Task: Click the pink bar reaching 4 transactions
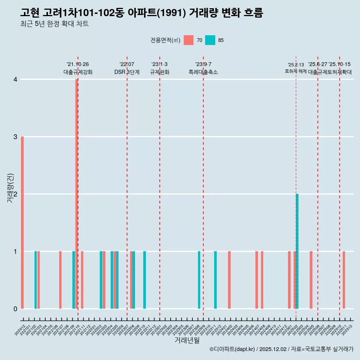click(x=76, y=193)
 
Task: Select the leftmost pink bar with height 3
click(x=22, y=222)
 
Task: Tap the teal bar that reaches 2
click(x=297, y=251)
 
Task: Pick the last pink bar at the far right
click(x=344, y=280)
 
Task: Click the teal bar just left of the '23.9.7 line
click(x=199, y=280)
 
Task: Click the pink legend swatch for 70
click(x=189, y=40)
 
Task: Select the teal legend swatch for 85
click(x=210, y=40)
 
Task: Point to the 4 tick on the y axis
click(x=15, y=79)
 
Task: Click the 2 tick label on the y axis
click(x=15, y=194)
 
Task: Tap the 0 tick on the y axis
click(x=15, y=309)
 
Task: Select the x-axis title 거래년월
click(x=187, y=340)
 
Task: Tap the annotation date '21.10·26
click(x=78, y=64)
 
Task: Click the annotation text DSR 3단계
click(x=127, y=72)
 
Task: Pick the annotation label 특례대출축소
click(x=203, y=72)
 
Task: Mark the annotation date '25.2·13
click(x=296, y=64)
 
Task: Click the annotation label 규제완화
click(x=160, y=72)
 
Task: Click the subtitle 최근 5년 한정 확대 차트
click(x=54, y=24)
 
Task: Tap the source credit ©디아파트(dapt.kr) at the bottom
click(x=232, y=349)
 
